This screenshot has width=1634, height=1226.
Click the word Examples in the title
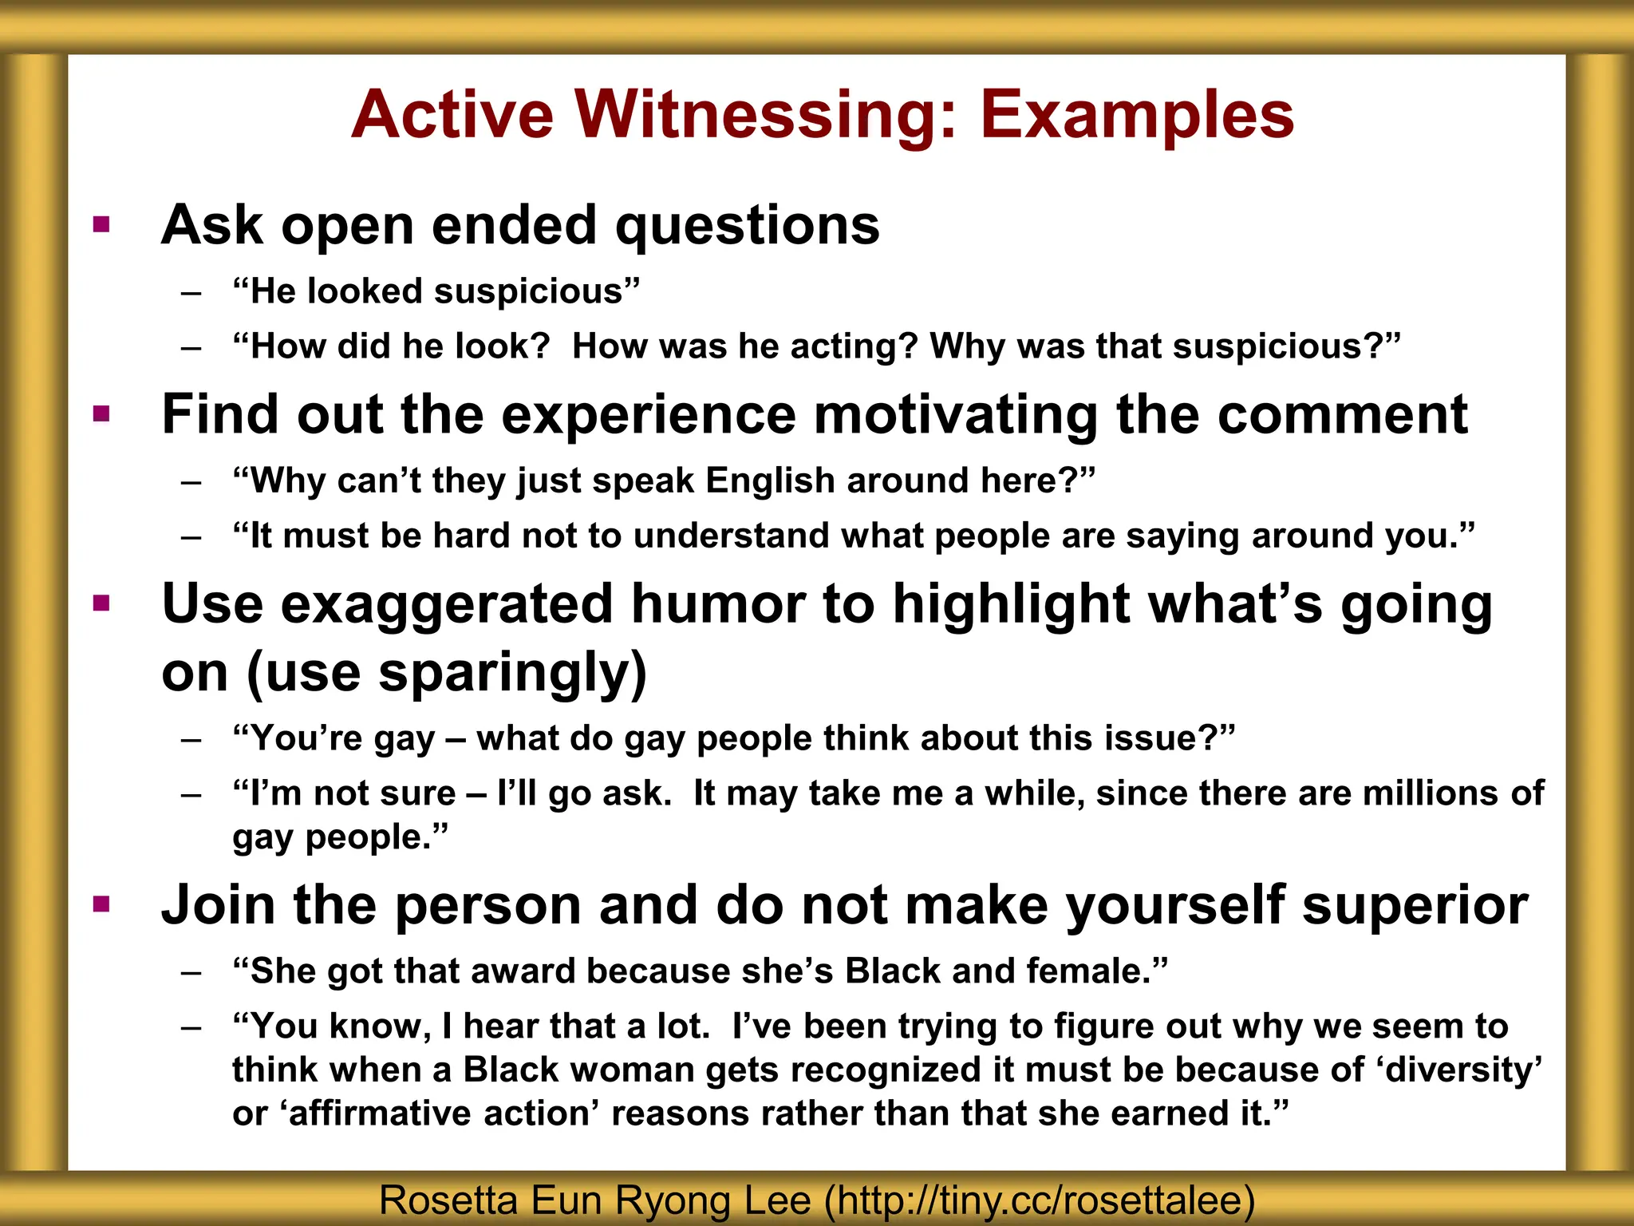[x=1136, y=116]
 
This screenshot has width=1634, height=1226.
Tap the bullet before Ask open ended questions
[x=101, y=224]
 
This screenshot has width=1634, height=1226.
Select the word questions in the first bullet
[x=747, y=226]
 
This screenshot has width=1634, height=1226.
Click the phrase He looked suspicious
[x=436, y=291]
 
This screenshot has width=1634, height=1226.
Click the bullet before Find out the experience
[x=101, y=413]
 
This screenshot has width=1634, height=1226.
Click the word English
[x=769, y=481]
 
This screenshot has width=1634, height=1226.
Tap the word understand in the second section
[x=730, y=536]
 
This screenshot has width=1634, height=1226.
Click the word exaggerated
[x=447, y=603]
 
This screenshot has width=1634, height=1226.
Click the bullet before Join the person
[x=101, y=904]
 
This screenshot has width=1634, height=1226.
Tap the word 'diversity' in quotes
[x=1459, y=1070]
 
